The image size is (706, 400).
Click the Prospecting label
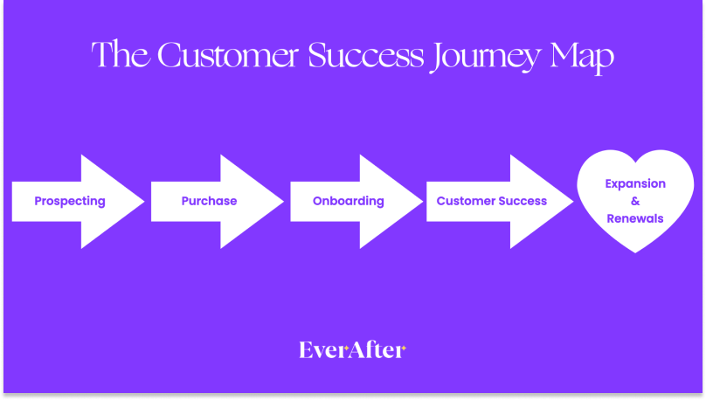point(70,201)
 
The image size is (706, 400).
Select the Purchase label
point(209,201)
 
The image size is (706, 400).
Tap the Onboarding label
point(348,201)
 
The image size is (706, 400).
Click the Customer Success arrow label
point(491,201)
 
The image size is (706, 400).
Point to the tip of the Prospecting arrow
point(144,202)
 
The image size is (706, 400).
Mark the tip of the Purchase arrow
point(284,202)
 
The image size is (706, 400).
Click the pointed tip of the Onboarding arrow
point(423,202)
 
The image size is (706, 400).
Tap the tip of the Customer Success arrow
point(573,202)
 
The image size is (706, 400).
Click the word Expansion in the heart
point(635,184)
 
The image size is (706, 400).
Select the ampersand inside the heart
point(635,202)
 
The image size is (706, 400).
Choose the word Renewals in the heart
point(635,218)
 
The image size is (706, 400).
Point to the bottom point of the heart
point(635,253)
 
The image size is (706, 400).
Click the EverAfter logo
point(352,350)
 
